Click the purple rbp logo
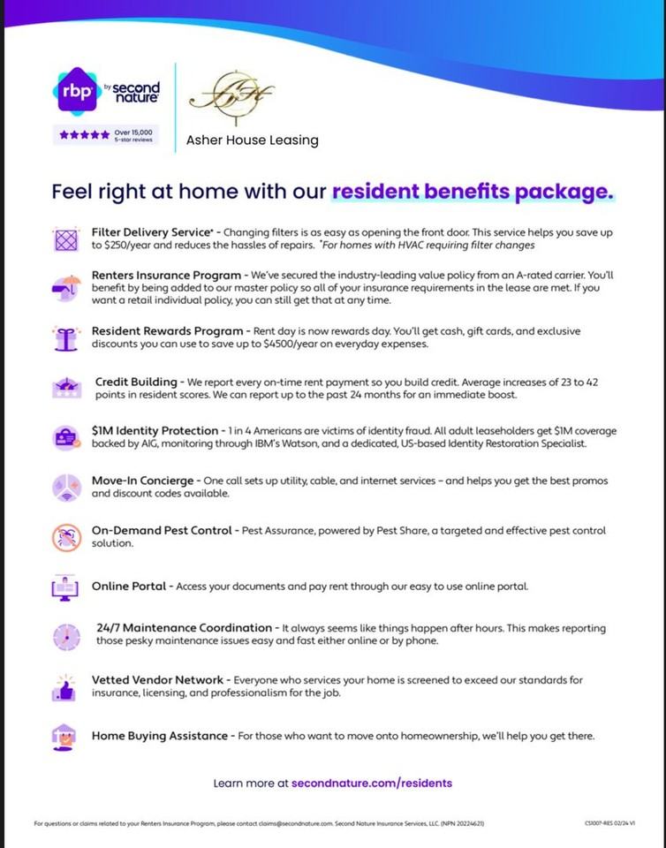[x=77, y=92]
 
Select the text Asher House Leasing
[x=252, y=140]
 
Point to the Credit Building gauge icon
[x=66, y=387]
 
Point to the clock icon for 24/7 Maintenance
[x=66, y=635]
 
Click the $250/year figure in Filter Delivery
[x=129, y=244]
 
